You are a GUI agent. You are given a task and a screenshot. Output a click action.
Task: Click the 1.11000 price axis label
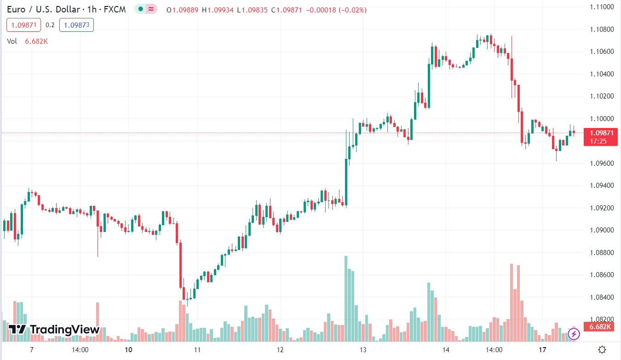click(602, 7)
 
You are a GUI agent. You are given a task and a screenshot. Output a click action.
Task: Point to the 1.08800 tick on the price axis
click(602, 253)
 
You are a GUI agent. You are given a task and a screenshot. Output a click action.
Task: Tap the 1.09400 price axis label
click(602, 186)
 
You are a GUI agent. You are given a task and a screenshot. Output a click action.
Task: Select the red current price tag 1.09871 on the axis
click(600, 133)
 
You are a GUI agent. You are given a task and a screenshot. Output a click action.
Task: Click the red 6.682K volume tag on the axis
click(600, 327)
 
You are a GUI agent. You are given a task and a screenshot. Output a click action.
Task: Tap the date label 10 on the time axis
click(128, 349)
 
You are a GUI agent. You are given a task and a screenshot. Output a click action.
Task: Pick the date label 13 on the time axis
click(363, 349)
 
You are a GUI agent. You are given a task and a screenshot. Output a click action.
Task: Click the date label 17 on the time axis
click(543, 349)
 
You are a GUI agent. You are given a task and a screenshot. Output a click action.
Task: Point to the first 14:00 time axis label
click(80, 349)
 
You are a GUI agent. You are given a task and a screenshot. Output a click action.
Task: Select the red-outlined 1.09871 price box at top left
click(24, 25)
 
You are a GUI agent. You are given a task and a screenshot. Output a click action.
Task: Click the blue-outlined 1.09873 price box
click(76, 25)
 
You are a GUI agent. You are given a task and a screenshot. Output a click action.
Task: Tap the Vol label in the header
click(12, 41)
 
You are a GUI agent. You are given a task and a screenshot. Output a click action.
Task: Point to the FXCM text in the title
click(114, 9)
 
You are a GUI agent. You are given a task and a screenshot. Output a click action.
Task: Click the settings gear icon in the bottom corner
click(602, 349)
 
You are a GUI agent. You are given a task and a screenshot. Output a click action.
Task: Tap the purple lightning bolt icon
click(574, 334)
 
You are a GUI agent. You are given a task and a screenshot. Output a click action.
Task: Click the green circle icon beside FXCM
click(141, 9)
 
